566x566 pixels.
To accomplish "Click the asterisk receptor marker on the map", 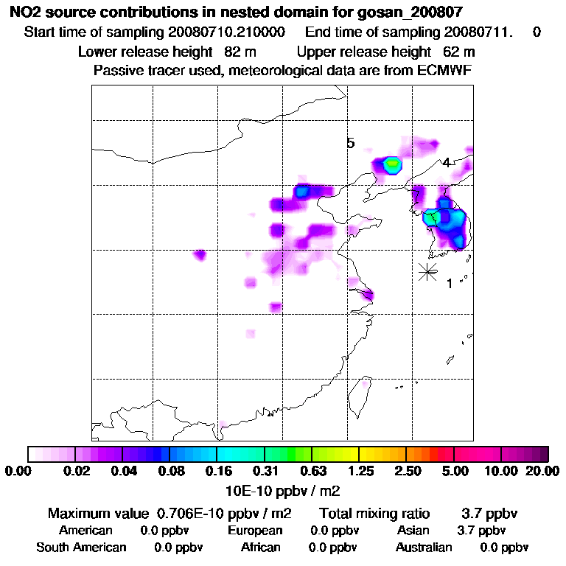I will click(427, 271).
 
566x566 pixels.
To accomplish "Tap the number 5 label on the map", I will click(351, 143).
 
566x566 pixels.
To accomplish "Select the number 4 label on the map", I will click(446, 163).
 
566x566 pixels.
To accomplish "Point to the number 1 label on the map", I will click(449, 284).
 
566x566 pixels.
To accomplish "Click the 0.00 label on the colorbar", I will click(17, 471).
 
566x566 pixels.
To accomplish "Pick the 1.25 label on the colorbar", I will click(359, 471).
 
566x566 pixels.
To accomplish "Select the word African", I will click(260, 547).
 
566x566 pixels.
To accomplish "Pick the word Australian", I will click(424, 547).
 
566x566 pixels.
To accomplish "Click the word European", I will click(255, 530).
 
